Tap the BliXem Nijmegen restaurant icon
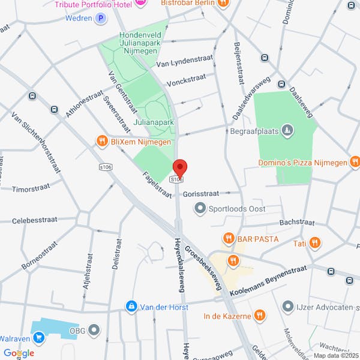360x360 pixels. tap(102, 142)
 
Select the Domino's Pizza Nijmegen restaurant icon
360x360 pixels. tap(355, 161)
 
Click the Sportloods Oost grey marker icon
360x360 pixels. tap(199, 208)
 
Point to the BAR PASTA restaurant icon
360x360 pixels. tap(228, 239)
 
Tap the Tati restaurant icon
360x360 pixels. tap(315, 243)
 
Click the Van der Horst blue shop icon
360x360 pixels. tap(131, 307)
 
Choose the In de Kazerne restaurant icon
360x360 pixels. tap(259, 315)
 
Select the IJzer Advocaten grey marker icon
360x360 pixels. tap(288, 307)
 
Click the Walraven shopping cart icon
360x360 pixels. tap(40, 337)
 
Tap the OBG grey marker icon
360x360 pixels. tap(94, 329)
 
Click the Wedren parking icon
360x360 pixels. tap(101, 18)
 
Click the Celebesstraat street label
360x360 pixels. tap(35, 220)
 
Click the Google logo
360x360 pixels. tap(18, 353)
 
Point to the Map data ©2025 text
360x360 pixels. tap(335, 355)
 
